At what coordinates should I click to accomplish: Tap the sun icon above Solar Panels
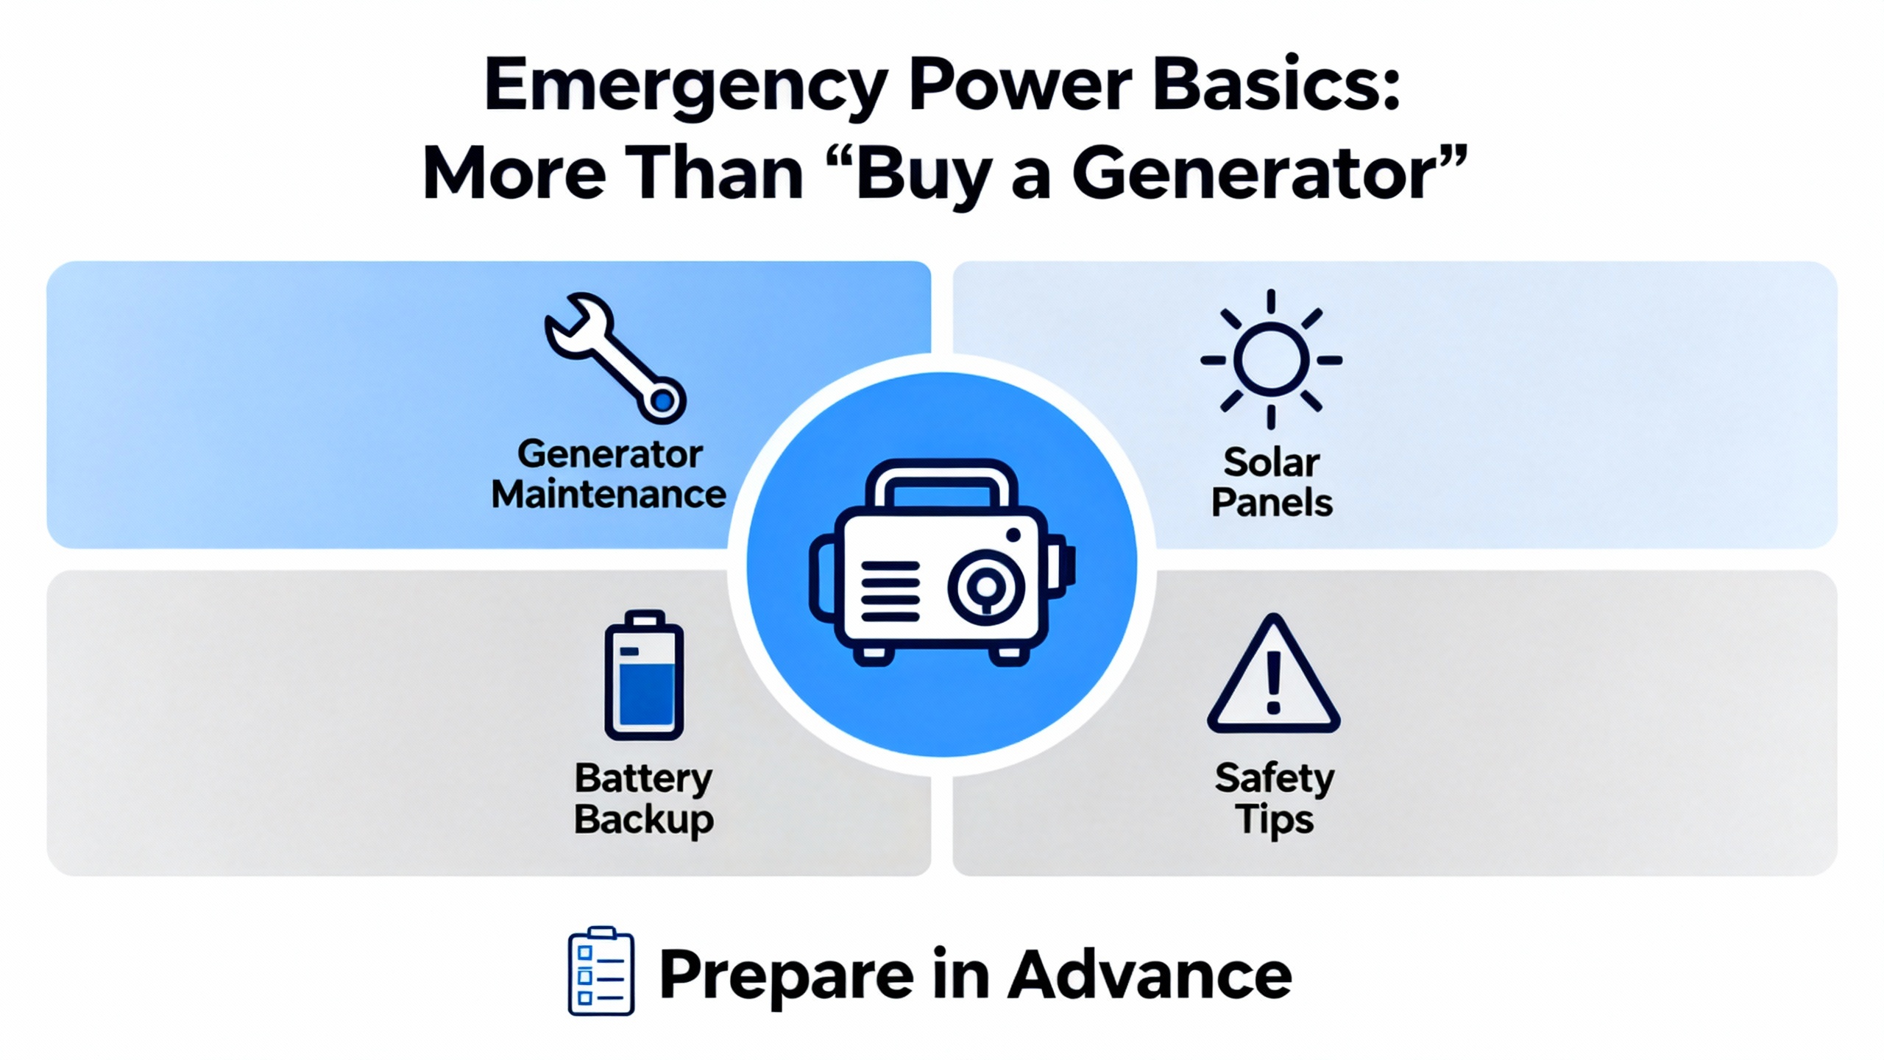point(1271,360)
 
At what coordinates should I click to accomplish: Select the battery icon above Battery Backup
point(644,675)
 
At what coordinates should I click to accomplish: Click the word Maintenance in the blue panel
point(609,495)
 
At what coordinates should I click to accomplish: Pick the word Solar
point(1271,463)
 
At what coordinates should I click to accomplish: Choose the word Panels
point(1272,504)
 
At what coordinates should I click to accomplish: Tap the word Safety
point(1275,779)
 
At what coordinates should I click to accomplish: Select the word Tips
point(1275,820)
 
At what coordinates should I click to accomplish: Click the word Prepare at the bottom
point(786,976)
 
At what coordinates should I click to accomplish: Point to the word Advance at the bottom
point(1150,973)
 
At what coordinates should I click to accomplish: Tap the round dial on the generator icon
point(985,587)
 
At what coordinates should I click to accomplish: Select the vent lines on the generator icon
point(890,592)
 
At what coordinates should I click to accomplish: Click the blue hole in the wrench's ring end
point(662,400)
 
